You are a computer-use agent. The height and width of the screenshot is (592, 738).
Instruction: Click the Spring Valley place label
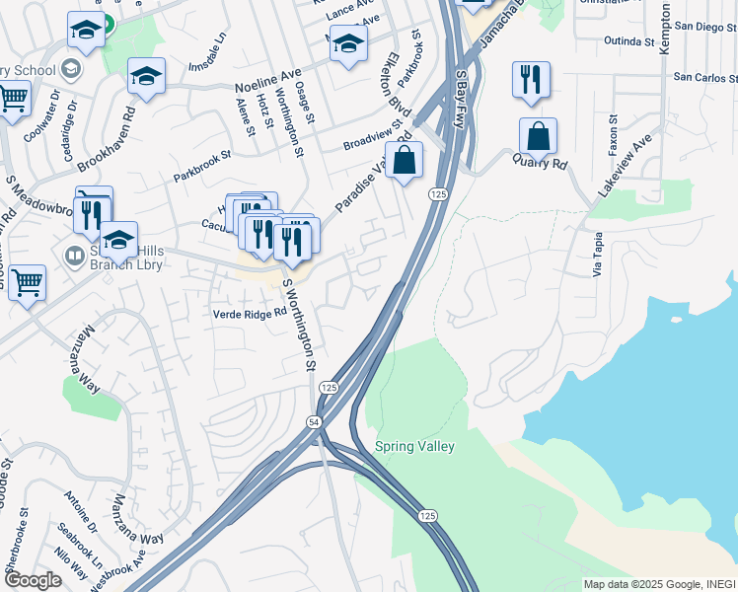pyautogui.click(x=414, y=447)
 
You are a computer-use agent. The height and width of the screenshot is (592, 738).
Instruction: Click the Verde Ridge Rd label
pyautogui.click(x=250, y=313)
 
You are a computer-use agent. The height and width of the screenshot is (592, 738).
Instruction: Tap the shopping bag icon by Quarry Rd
pyautogui.click(x=538, y=136)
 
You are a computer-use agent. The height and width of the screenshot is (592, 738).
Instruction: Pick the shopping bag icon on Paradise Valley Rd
pyautogui.click(x=405, y=159)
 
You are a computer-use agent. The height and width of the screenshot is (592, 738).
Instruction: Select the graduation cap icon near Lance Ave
pyautogui.click(x=348, y=43)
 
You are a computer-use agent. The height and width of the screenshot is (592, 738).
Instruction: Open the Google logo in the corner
pyautogui.click(x=33, y=580)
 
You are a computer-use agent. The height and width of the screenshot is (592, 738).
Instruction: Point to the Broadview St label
pyautogui.click(x=374, y=137)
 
